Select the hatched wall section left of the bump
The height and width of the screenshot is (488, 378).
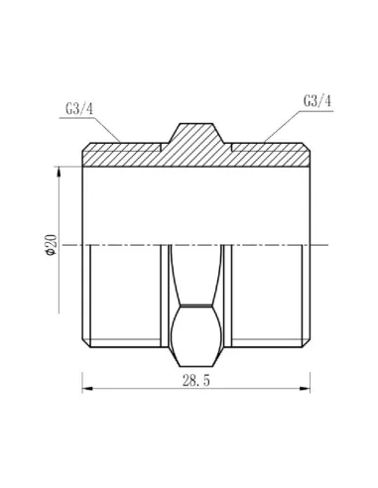[124, 154]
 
